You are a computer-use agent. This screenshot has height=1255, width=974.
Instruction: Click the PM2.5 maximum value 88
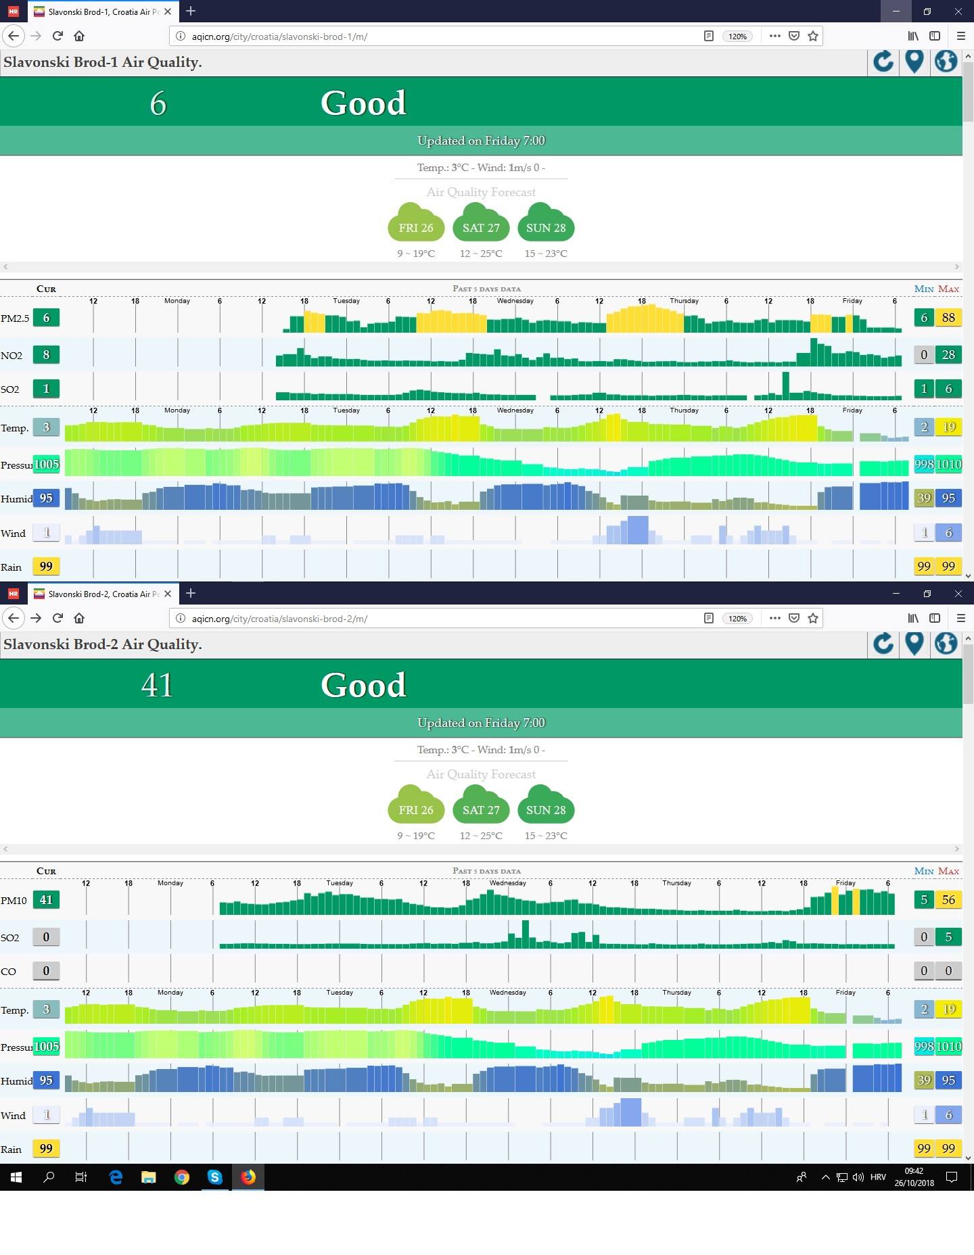click(948, 318)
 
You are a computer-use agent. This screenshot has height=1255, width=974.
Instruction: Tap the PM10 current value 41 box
click(46, 900)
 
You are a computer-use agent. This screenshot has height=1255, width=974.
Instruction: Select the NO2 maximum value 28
click(948, 354)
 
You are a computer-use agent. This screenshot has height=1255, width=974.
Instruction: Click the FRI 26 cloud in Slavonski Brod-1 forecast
click(416, 222)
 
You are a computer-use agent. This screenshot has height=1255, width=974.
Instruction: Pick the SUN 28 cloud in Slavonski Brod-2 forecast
click(546, 805)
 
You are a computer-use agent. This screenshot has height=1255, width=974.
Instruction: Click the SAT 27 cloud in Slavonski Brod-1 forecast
click(481, 222)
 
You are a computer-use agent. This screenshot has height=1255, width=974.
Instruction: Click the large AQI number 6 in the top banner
click(158, 103)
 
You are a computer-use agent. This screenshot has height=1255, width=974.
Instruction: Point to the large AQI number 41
click(157, 685)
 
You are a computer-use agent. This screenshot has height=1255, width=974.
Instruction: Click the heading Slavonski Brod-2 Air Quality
click(103, 644)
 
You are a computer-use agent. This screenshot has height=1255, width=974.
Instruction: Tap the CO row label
click(9, 972)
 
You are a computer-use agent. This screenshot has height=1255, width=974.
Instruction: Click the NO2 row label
click(11, 356)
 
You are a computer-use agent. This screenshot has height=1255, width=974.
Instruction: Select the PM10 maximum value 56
click(948, 900)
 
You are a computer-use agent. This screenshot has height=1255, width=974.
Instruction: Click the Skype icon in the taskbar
click(215, 1177)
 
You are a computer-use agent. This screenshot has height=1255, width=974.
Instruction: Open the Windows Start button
click(16, 1177)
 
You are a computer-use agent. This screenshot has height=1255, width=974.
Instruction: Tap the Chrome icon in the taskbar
click(181, 1177)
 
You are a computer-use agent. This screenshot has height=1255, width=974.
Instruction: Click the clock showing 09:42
click(914, 1171)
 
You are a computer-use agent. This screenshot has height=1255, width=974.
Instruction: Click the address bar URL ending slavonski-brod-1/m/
click(279, 37)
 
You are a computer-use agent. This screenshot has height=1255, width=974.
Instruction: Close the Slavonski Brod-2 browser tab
click(168, 594)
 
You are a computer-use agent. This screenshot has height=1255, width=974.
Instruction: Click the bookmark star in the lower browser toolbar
click(813, 618)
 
